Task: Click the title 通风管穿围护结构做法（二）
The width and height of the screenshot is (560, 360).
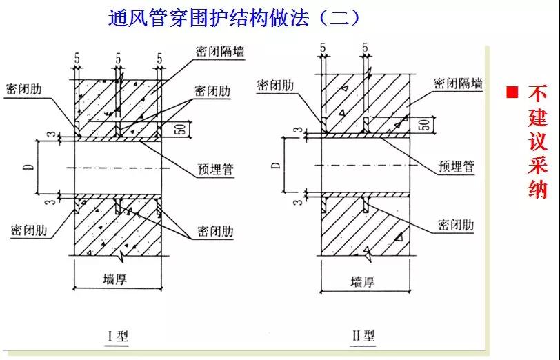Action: point(234,17)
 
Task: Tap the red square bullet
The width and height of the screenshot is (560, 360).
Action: point(512,92)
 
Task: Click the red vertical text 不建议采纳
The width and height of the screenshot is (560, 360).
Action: point(537,142)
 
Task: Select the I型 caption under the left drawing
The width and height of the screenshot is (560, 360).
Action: point(118,336)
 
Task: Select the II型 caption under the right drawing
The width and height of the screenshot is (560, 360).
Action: point(363,335)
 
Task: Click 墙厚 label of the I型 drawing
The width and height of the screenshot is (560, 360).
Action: point(115,279)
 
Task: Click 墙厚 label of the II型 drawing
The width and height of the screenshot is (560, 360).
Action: point(363,282)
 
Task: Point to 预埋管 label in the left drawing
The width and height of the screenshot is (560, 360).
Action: point(215,169)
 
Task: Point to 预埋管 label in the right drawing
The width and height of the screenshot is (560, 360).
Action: point(456,166)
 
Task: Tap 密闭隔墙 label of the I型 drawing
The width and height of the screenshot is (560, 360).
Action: point(220,52)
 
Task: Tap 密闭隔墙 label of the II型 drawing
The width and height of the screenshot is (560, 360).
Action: point(458,83)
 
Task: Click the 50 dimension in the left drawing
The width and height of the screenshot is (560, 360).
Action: point(181,129)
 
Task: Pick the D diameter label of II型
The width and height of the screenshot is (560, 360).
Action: point(276,166)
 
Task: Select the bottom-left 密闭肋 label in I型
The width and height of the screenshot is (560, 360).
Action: point(29,230)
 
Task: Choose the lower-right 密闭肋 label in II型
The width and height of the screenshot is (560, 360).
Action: point(456,225)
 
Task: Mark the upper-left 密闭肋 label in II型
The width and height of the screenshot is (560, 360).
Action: point(275,86)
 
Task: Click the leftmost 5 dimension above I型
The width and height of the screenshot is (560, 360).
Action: point(77,59)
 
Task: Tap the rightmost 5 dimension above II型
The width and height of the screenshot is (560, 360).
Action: point(365,48)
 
